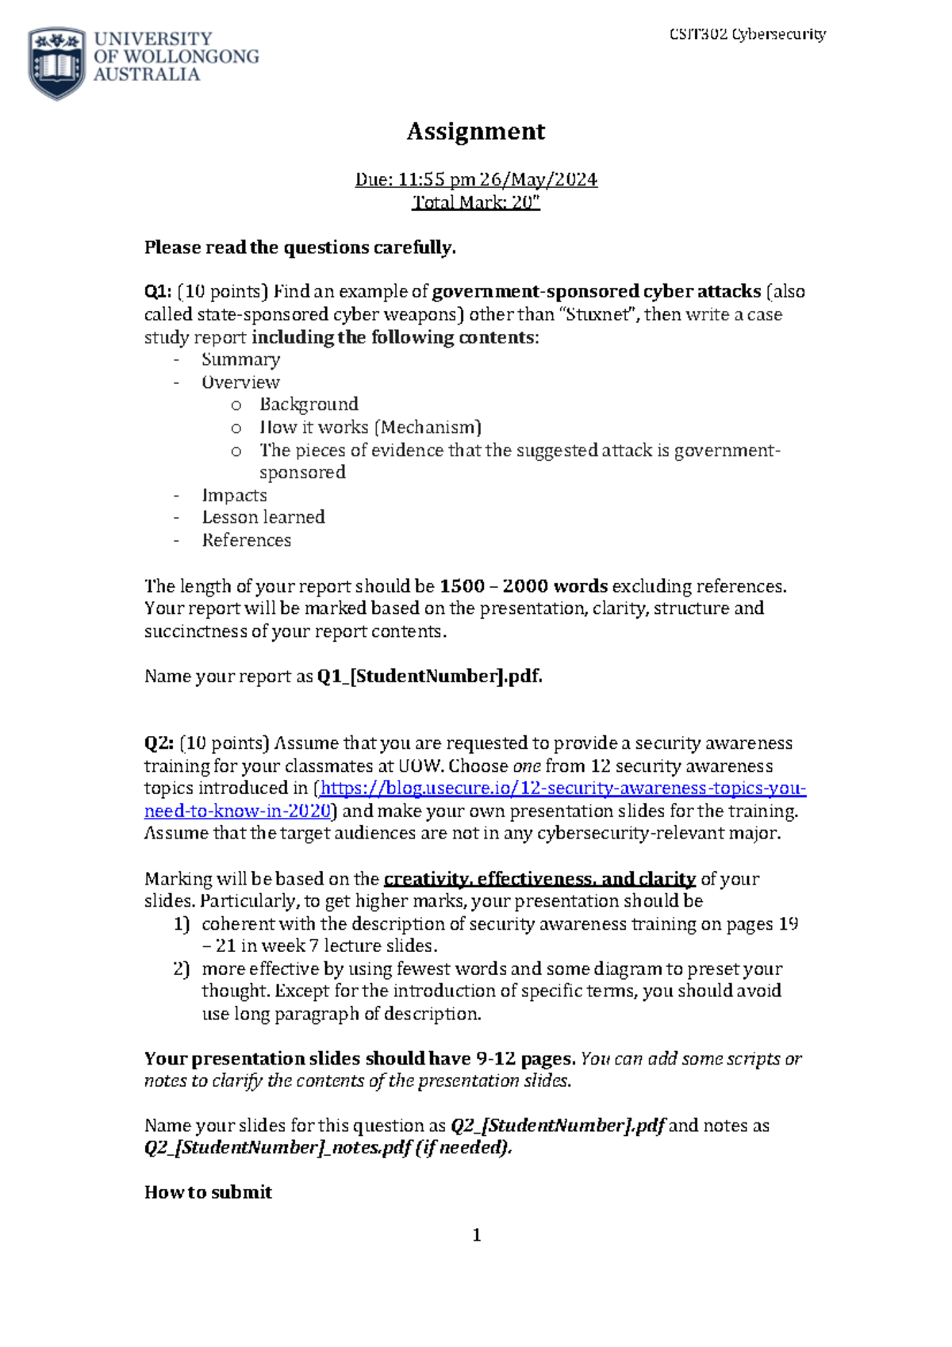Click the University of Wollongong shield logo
56,63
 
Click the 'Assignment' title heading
475,131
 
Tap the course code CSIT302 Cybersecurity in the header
747,34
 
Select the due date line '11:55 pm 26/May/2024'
476,179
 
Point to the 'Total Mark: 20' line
476,202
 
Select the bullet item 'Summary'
240,360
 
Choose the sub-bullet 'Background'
309,405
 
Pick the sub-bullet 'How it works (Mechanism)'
370,428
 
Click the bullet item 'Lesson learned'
263,517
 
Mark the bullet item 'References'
247,540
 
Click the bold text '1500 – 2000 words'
524,586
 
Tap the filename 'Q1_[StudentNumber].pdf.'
429,677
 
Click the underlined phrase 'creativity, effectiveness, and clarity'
539,879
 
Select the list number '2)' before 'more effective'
182,969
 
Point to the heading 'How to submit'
208,1192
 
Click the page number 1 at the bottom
476,1235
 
